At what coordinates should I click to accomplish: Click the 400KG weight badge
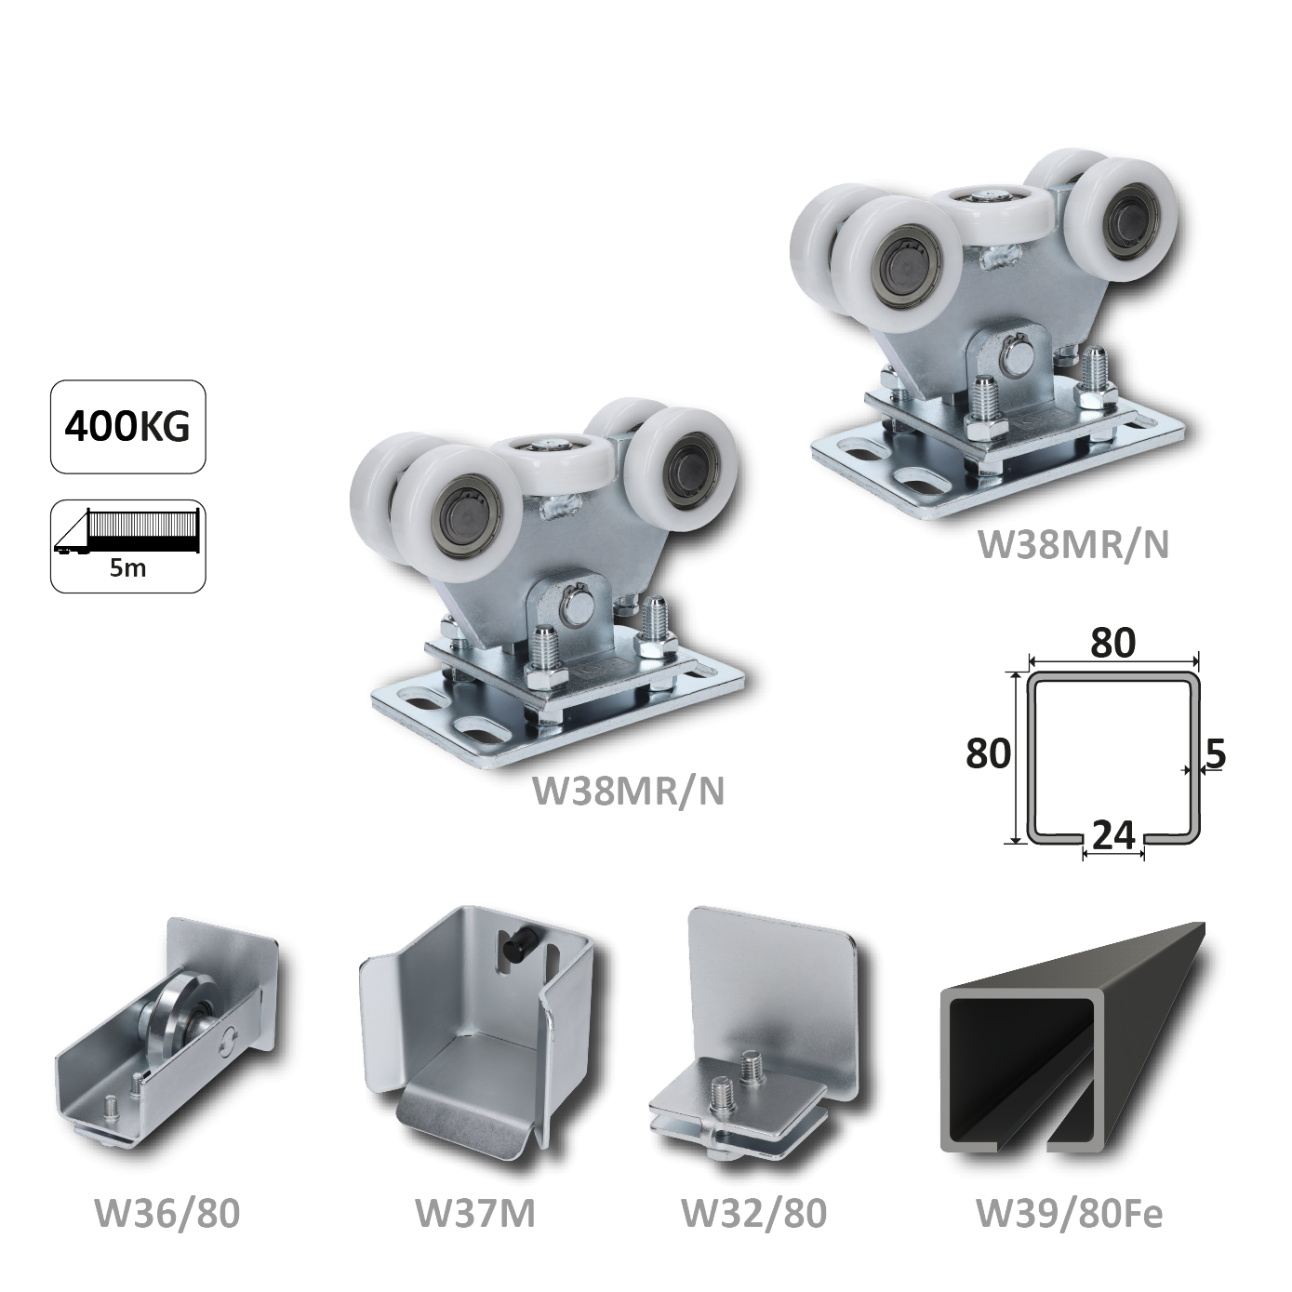coord(127,426)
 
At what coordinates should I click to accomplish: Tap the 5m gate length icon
coord(127,546)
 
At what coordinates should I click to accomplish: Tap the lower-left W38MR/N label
coord(628,792)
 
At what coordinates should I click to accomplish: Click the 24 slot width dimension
coord(1113,835)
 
